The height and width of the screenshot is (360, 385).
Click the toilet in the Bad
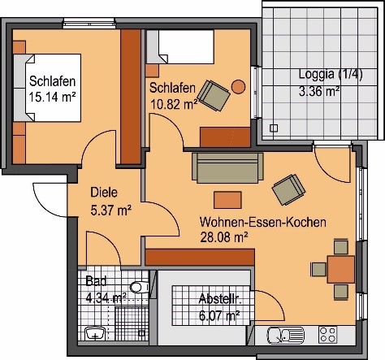pyautogui.click(x=140, y=288)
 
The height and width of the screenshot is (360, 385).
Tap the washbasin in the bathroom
pyautogui.click(x=95, y=334)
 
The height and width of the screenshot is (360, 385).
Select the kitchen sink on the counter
pyautogui.click(x=286, y=336)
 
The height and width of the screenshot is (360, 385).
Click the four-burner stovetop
pyautogui.click(x=328, y=335)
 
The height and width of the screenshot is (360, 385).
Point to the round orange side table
pyautogui.click(x=238, y=87)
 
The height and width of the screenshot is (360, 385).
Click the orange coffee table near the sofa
pyautogui.click(x=227, y=200)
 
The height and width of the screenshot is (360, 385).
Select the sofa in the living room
pyautogui.click(x=227, y=168)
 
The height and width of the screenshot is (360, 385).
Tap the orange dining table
pyautogui.click(x=341, y=270)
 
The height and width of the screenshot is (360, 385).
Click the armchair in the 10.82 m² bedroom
pyautogui.click(x=214, y=95)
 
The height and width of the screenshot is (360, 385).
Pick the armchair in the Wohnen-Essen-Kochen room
pyautogui.click(x=289, y=189)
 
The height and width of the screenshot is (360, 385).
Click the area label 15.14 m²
pyautogui.click(x=52, y=98)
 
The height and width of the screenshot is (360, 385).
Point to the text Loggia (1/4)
pyautogui.click(x=331, y=74)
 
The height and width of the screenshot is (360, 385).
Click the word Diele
pyautogui.click(x=104, y=193)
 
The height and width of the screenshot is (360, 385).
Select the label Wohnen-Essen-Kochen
pyautogui.click(x=263, y=223)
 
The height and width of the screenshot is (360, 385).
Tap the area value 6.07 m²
pyautogui.click(x=219, y=315)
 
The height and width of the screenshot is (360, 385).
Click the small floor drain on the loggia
pyautogui.click(x=274, y=128)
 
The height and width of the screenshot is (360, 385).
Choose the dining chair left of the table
pyautogui.click(x=318, y=270)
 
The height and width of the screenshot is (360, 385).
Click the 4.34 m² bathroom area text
pyautogui.click(x=106, y=298)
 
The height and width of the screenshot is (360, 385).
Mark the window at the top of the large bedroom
pyautogui.click(x=89, y=24)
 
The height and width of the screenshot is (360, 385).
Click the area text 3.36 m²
pyautogui.click(x=319, y=91)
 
